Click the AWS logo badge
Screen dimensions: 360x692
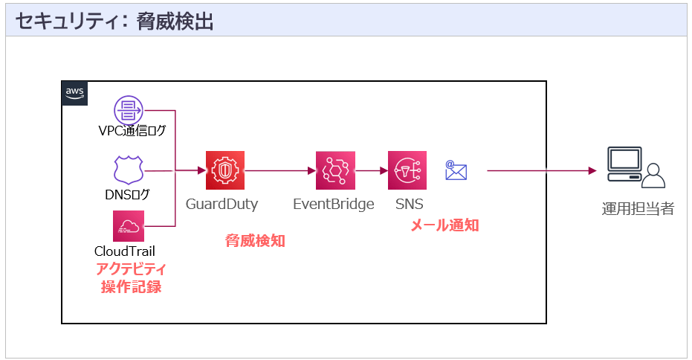coord(75,93)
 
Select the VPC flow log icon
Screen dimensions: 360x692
coord(129,110)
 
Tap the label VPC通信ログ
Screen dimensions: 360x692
coord(132,132)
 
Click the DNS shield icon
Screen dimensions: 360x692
coord(128,170)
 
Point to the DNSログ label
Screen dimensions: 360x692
coord(128,195)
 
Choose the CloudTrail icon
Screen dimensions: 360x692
coord(128,225)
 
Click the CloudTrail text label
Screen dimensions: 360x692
coord(125,251)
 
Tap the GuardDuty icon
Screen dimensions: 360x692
coord(225,171)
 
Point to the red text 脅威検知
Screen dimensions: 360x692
coord(255,241)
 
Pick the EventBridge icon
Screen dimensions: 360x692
coord(335,171)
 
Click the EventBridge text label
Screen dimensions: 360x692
coord(334,204)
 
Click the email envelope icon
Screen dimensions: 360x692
coord(456,170)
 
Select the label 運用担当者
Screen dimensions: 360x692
coord(638,208)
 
